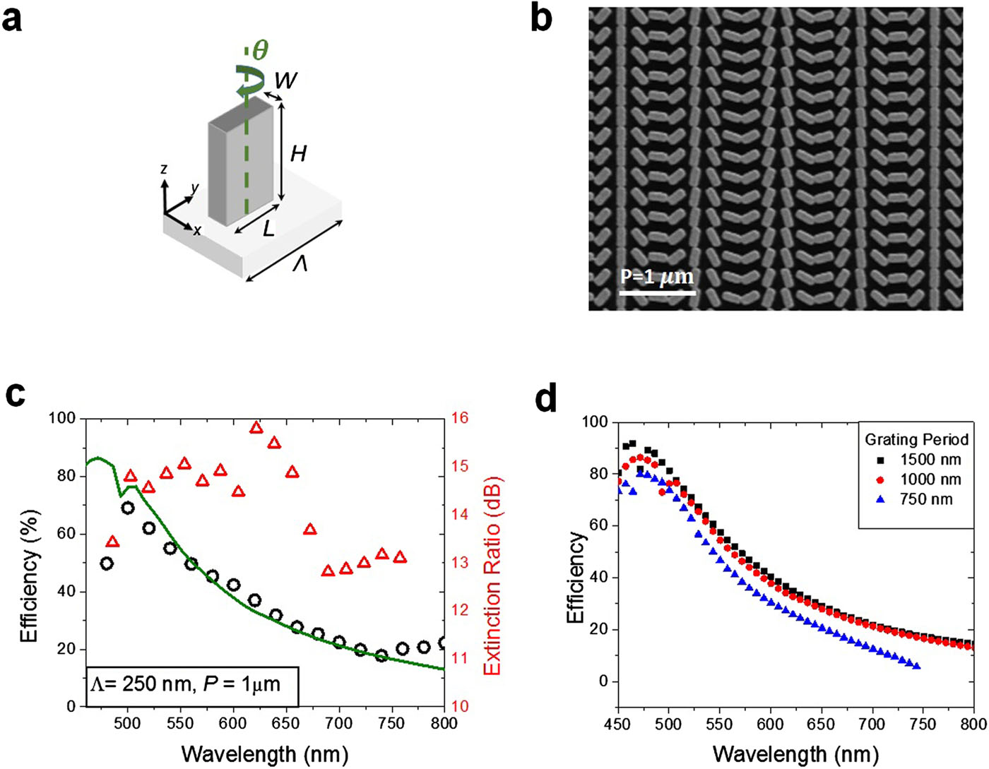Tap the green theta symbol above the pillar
point(260,50)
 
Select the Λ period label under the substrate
point(300,265)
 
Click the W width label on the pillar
point(285,81)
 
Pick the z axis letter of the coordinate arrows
point(164,169)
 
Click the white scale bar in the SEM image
point(657,292)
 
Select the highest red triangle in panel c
point(256,427)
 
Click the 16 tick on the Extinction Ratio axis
point(461,418)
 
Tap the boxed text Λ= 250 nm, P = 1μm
point(191,684)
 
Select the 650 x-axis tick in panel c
point(285,724)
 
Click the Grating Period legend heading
point(916,439)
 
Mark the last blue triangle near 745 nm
point(916,666)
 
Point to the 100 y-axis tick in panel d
point(595,422)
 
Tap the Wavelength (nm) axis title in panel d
point(795,753)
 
